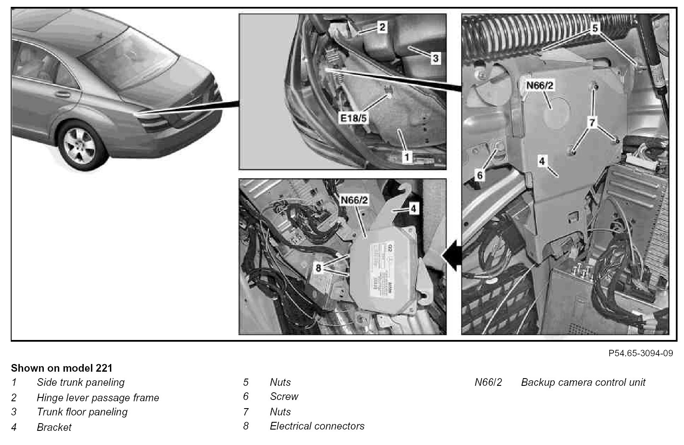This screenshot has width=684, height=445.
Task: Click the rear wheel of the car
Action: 79,144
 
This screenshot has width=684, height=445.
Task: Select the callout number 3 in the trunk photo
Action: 435,58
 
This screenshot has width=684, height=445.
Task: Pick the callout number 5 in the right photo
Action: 594,29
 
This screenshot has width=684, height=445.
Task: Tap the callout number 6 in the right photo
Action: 480,175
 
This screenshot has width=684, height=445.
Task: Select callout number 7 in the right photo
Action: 593,123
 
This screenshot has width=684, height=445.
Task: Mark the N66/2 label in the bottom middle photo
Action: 354,200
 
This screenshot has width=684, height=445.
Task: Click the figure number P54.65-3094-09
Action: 641,353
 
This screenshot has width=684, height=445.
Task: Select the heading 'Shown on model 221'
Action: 61,368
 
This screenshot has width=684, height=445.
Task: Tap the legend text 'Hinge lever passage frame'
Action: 98,398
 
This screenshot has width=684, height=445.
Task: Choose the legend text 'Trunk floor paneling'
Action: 82,412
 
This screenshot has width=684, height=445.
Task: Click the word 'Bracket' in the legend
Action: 54,427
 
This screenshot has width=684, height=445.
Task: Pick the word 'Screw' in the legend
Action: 284,397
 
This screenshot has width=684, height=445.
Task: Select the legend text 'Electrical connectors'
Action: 317,426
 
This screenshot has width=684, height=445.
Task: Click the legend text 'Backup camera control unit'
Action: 583,382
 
